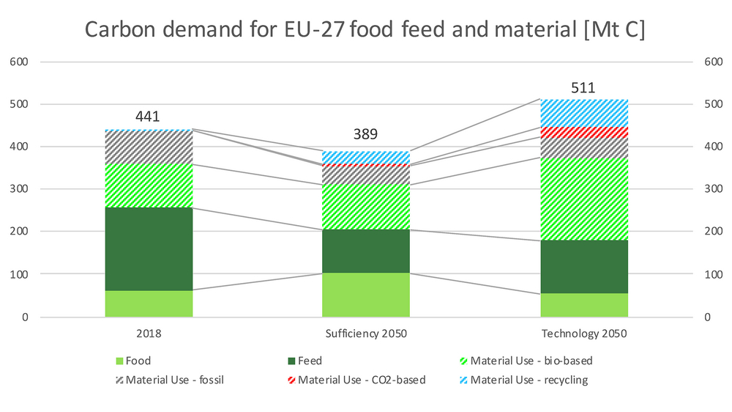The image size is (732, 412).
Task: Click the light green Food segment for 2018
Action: (x=149, y=304)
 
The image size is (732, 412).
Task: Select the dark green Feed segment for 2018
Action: (x=149, y=249)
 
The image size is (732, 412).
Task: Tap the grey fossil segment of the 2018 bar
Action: (x=149, y=147)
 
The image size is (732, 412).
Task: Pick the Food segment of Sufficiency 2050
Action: (x=366, y=295)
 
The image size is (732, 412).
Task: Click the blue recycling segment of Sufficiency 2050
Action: (x=366, y=157)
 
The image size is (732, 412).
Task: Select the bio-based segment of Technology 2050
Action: (x=584, y=199)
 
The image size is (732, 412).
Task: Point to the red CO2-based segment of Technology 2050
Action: (x=584, y=133)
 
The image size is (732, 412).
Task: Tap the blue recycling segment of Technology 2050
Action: (x=584, y=113)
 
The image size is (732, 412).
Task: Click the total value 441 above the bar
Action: (x=148, y=117)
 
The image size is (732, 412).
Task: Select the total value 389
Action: (x=366, y=134)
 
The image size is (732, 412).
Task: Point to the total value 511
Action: (x=584, y=88)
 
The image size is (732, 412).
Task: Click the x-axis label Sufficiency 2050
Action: (x=366, y=334)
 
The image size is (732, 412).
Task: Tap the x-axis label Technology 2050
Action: (x=584, y=334)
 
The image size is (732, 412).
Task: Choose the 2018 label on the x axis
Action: (x=149, y=334)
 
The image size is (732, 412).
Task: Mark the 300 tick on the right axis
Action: (x=712, y=189)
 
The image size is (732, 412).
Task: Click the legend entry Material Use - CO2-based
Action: (x=362, y=380)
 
